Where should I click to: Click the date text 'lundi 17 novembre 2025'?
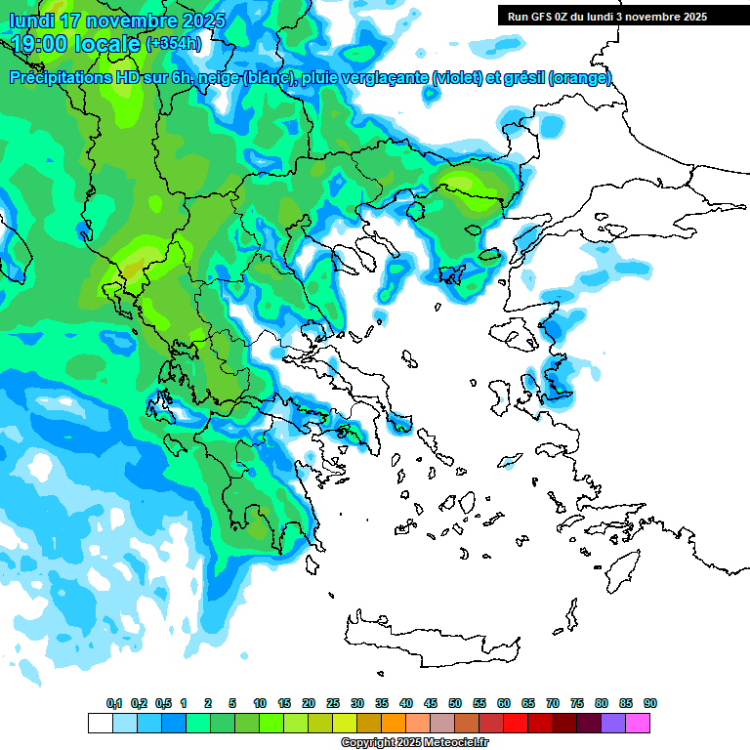[117, 20]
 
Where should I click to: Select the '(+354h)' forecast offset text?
[175, 44]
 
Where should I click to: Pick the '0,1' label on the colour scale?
[114, 703]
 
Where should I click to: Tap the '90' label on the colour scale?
[650, 703]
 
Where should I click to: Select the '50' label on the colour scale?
[455, 703]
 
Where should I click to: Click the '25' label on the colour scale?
[333, 703]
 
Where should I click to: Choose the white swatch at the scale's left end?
[100, 723]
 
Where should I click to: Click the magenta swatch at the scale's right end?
[638, 723]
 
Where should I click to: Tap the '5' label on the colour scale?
[232, 703]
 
